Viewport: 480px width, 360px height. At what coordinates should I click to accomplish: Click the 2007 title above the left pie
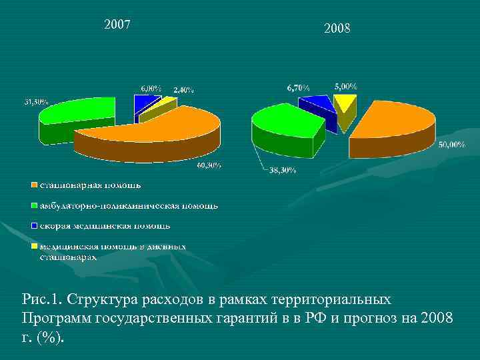pyautogui.click(x=117, y=25)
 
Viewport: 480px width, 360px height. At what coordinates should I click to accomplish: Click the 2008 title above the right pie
pyautogui.click(x=337, y=29)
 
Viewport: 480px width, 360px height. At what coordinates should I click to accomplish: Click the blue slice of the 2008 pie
pyautogui.click(x=316, y=105)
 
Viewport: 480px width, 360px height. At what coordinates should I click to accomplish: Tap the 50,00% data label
pyautogui.click(x=451, y=145)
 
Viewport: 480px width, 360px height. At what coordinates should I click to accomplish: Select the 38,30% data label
pyautogui.click(x=283, y=171)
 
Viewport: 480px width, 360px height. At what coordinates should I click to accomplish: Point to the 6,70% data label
pyautogui.click(x=299, y=87)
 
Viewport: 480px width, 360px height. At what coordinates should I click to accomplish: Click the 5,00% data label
pyautogui.click(x=345, y=86)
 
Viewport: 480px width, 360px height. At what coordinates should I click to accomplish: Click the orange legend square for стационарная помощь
pyautogui.click(x=32, y=184)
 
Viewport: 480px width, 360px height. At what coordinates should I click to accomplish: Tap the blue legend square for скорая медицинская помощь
pyautogui.click(x=32, y=226)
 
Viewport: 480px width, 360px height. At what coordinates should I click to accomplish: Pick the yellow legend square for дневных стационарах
pyautogui.click(x=32, y=247)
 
